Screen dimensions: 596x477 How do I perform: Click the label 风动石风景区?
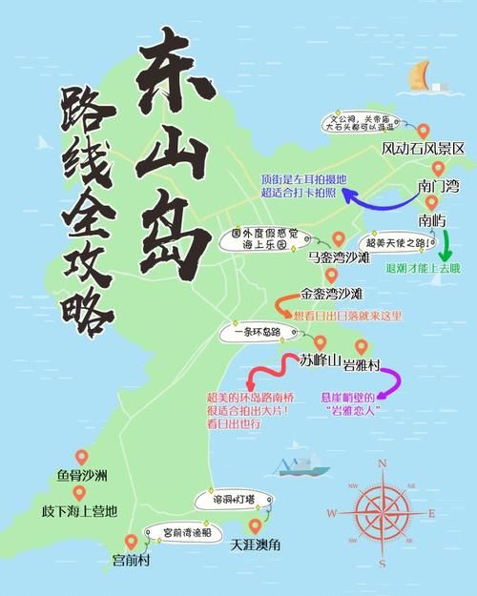point(423,149)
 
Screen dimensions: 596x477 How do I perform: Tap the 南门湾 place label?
point(438,185)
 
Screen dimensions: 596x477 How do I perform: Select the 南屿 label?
point(432,220)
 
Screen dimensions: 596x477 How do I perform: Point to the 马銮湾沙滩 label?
point(340,257)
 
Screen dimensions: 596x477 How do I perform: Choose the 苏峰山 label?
point(320,360)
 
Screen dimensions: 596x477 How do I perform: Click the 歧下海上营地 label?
point(79,511)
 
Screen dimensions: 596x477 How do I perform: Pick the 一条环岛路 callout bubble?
point(250,332)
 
